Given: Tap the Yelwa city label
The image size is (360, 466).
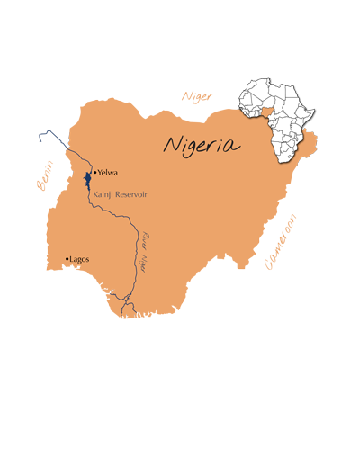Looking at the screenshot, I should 108,173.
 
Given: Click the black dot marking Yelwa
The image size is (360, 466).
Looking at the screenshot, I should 94,172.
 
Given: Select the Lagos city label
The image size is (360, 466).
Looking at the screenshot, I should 79,259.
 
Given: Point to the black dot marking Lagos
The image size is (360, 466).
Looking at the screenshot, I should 67,260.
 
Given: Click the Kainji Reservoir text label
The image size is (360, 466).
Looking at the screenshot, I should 123,193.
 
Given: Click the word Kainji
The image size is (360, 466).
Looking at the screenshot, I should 105,193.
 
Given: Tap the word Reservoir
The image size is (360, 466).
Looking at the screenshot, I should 136,193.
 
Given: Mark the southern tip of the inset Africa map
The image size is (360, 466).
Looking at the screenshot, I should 287,164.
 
